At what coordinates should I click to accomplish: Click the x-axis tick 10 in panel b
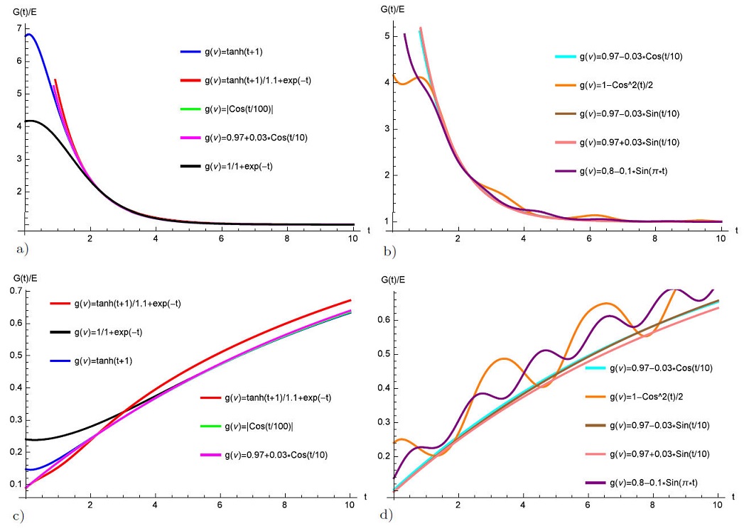tap(721, 239)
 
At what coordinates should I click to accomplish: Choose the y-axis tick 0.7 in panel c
tap(12, 291)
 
